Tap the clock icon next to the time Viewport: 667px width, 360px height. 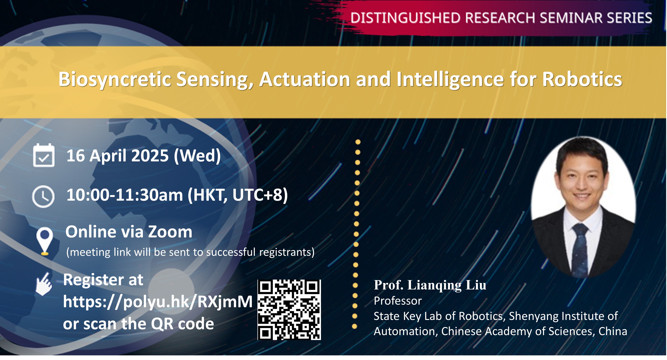(x=43, y=196)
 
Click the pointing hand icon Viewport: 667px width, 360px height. (x=44, y=284)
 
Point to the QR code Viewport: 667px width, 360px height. (x=289, y=310)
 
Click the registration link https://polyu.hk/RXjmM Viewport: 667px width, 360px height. (x=158, y=302)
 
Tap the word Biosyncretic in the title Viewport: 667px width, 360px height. (x=115, y=79)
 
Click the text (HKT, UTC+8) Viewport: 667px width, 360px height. (x=238, y=195)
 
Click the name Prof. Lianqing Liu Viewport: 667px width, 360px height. (x=430, y=285)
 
